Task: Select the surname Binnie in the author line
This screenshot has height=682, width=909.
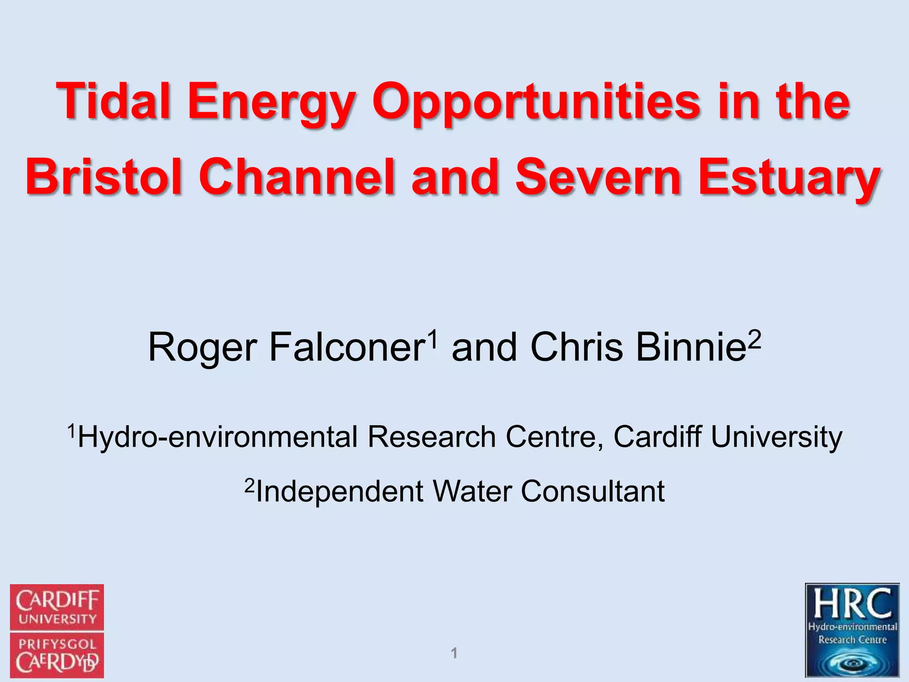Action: pyautogui.click(x=690, y=348)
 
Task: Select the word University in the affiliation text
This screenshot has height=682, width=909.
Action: pyautogui.click(x=776, y=437)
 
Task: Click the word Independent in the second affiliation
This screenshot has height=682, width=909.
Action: pyautogui.click(x=340, y=492)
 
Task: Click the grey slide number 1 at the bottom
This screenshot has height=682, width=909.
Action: pyautogui.click(x=454, y=653)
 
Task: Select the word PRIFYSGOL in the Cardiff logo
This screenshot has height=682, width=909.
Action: pyautogui.click(x=57, y=644)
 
